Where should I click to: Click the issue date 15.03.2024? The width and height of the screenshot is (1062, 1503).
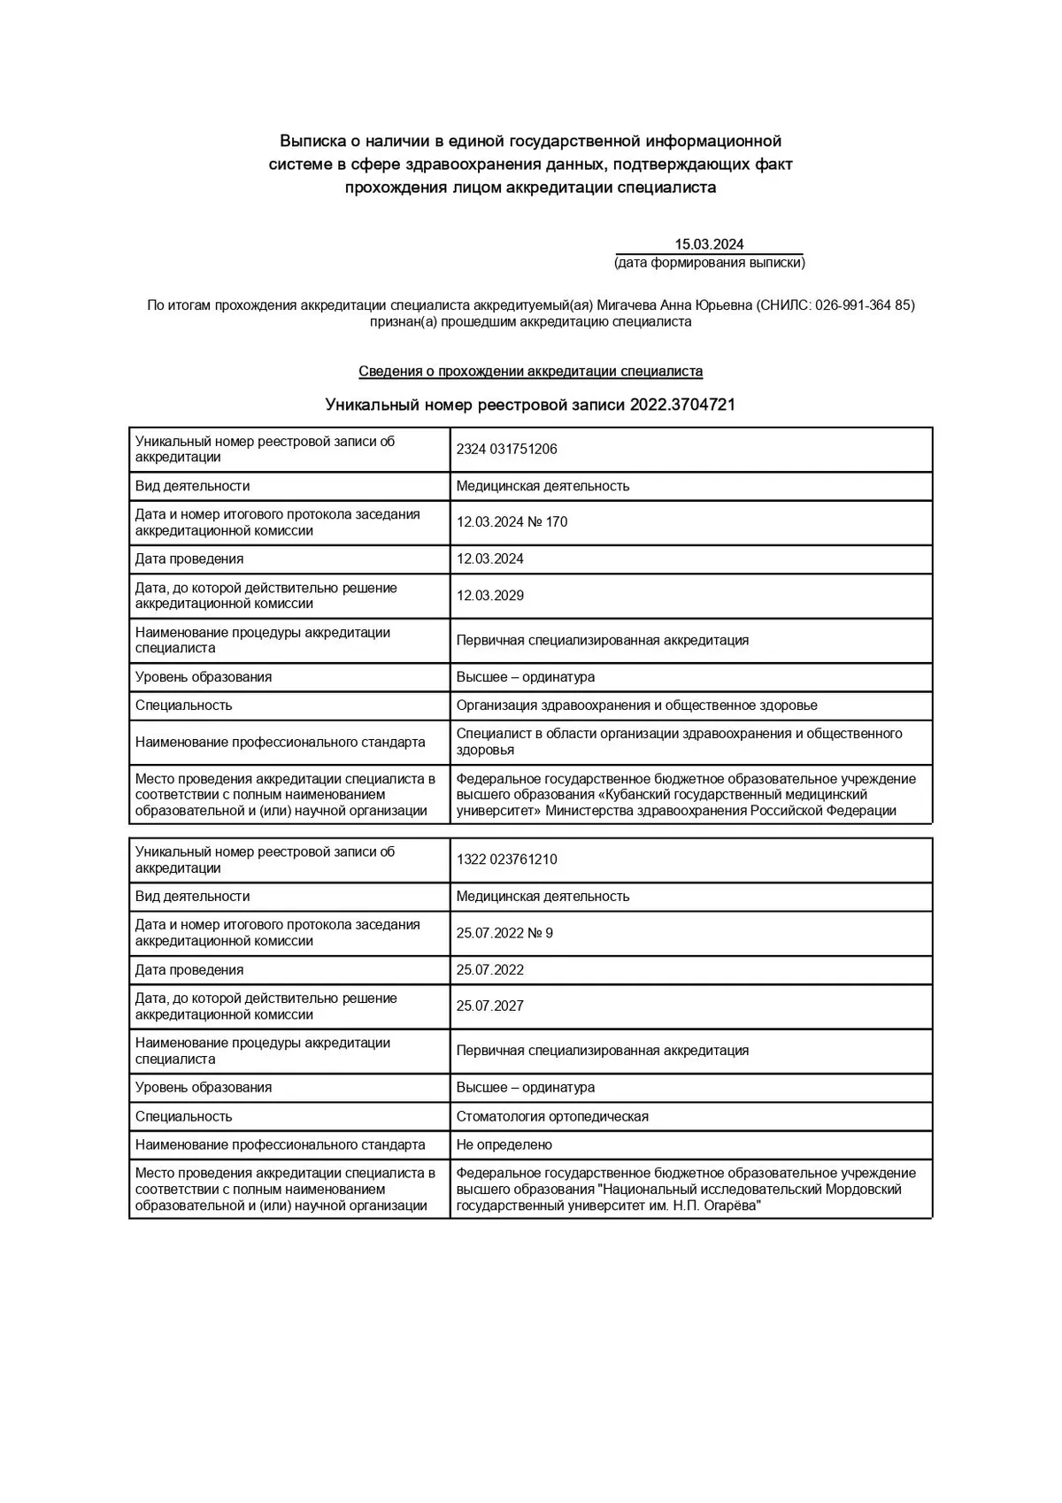coord(709,244)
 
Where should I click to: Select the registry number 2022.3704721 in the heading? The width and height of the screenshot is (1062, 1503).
coord(682,405)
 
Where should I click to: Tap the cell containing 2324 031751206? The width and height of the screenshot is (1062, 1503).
coord(506,449)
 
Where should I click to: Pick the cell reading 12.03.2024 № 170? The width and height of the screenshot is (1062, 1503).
coord(512,522)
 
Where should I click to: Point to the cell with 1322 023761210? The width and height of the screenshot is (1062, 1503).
coord(506,859)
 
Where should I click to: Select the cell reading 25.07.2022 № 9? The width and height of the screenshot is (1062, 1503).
coord(504,933)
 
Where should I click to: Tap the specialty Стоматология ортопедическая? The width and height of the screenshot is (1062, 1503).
coord(552,1117)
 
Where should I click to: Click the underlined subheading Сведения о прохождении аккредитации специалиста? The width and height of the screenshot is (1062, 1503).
coord(530,372)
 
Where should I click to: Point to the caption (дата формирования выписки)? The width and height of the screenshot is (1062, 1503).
coord(709,263)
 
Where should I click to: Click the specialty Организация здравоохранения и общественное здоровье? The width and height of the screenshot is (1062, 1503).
coord(636,705)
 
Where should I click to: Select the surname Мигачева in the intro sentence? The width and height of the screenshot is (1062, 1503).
coord(627,305)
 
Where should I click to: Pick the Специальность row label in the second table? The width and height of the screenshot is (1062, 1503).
coord(183,1117)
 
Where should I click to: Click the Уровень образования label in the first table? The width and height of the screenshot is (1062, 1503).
coord(203,677)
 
